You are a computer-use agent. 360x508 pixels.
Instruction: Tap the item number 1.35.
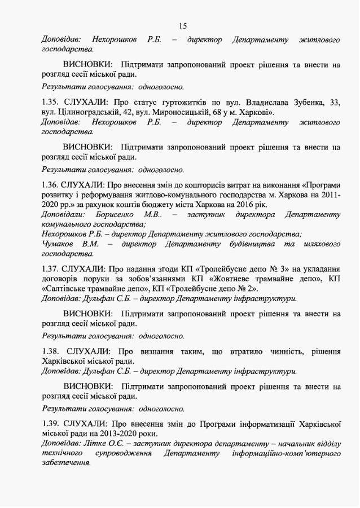pyautogui.click(x=51, y=103)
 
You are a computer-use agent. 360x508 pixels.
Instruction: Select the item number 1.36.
pyautogui.click(x=51, y=184)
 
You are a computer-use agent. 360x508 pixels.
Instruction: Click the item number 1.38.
pyautogui.click(x=51, y=351)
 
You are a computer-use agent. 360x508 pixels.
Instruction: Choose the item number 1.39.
pyautogui.click(x=51, y=423)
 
